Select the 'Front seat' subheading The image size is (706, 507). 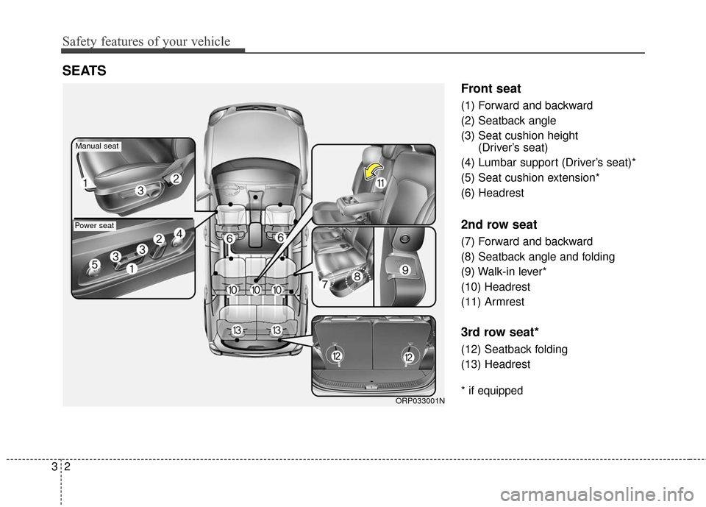pos(491,89)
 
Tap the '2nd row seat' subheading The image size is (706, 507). pos(499,224)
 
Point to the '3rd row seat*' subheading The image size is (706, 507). pos(497,332)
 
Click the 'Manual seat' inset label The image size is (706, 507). pos(97,146)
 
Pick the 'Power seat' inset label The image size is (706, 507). pos(95,226)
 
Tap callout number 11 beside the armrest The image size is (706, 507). pos(379,183)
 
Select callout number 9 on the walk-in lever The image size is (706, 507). pos(404,270)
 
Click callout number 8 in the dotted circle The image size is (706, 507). pos(356,277)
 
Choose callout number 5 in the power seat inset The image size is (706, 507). pos(95,264)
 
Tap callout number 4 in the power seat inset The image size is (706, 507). pos(179,233)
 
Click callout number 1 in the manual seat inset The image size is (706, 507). pos(87,182)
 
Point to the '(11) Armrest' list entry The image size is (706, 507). pos(495,302)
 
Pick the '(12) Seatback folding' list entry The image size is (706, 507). pos(514,349)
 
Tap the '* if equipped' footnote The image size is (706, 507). pos(492,391)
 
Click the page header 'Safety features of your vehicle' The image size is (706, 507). pos(146,42)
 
